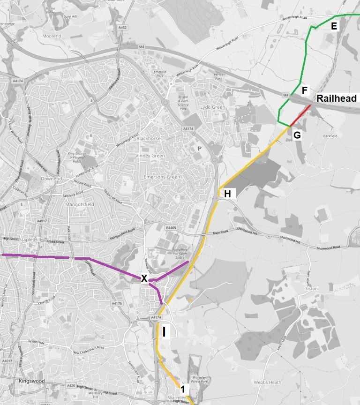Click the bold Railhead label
336,98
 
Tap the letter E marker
334,26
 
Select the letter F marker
305,90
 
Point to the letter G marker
297,135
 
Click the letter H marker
227,194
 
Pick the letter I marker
164,332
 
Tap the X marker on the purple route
144,278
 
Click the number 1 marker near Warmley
183,389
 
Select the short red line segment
300,116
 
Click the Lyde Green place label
213,107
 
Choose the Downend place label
51,179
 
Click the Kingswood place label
32,381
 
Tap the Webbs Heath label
268,382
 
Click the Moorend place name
52,36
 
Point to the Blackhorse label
149,138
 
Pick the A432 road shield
123,28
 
